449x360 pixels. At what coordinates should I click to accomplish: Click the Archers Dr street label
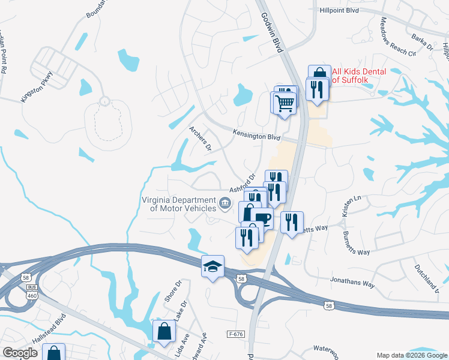[200, 138]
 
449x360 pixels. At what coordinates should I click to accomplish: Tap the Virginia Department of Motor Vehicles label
[179, 204]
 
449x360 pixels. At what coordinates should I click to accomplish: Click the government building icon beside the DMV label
[226, 203]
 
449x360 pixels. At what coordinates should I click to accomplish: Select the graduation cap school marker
[212, 266]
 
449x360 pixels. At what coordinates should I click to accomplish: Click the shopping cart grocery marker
[285, 102]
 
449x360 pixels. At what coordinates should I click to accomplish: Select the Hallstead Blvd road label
[49, 331]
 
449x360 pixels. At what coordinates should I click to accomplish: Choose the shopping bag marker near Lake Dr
[164, 331]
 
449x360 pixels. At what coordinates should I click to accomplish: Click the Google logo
[19, 352]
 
